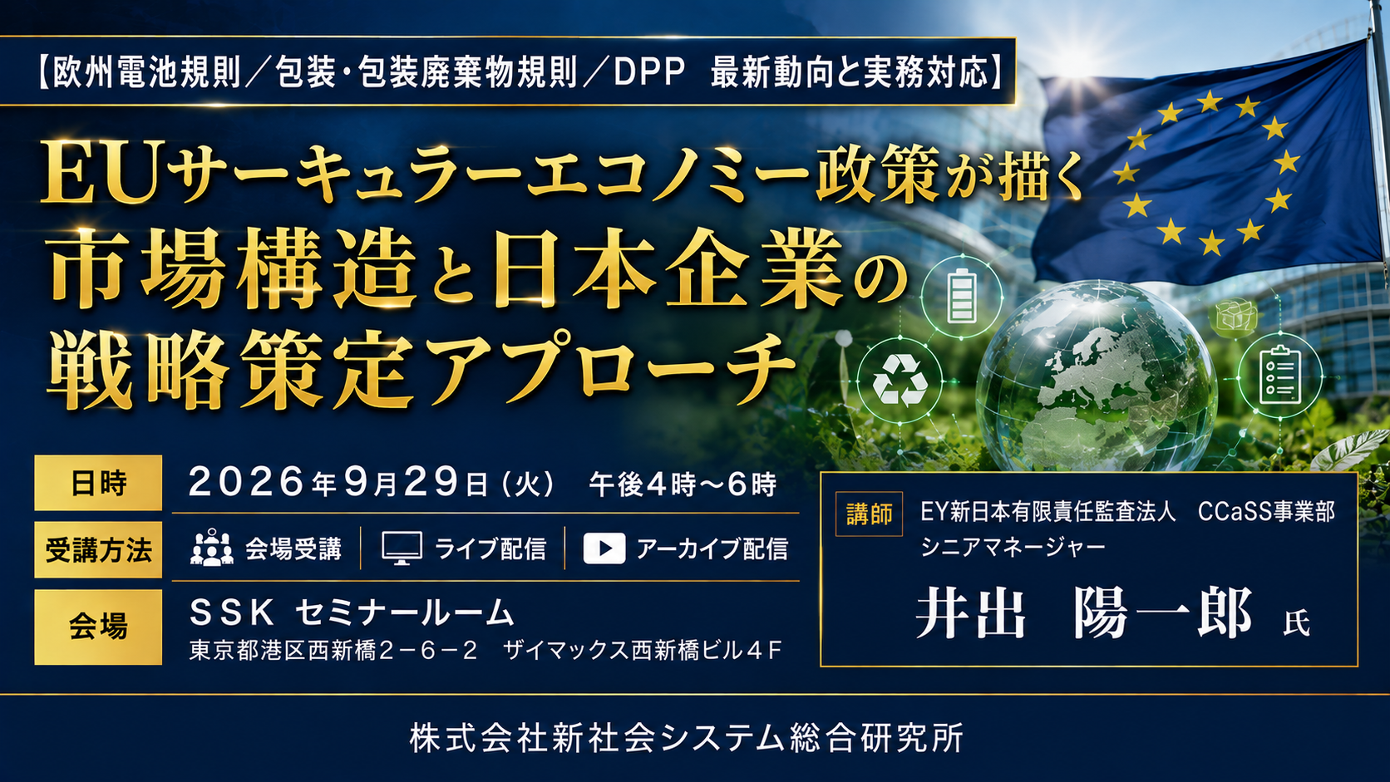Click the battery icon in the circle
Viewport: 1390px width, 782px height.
pyautogui.click(x=961, y=297)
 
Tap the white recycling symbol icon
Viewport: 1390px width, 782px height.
pyautogui.click(x=900, y=381)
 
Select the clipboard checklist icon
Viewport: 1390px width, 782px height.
pyautogui.click(x=1279, y=375)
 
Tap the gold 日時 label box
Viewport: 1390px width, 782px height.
pyautogui.click(x=98, y=483)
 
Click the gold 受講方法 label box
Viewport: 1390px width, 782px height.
pyautogui.click(x=98, y=550)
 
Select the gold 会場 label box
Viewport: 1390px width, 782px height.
pyautogui.click(x=98, y=627)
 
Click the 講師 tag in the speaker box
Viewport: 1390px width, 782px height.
pyautogui.click(x=869, y=514)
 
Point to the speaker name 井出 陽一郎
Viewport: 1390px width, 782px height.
pyautogui.click(x=1084, y=615)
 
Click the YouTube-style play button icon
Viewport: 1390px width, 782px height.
pyautogui.click(x=604, y=548)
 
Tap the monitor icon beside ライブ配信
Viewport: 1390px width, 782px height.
pyautogui.click(x=402, y=548)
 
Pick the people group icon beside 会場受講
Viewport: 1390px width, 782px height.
pyautogui.click(x=212, y=548)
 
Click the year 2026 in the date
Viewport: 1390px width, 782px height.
pyautogui.click(x=247, y=483)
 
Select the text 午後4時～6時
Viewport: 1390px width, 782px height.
pyautogui.click(x=683, y=484)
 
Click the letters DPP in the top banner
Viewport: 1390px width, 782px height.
pyautogui.click(x=649, y=73)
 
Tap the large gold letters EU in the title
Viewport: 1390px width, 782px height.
pyautogui.click(x=99, y=172)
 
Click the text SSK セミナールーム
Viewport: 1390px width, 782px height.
pyautogui.click(x=352, y=613)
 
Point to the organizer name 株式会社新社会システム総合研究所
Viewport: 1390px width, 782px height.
pyautogui.click(x=687, y=738)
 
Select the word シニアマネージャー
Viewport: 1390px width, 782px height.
pyautogui.click(x=1013, y=547)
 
